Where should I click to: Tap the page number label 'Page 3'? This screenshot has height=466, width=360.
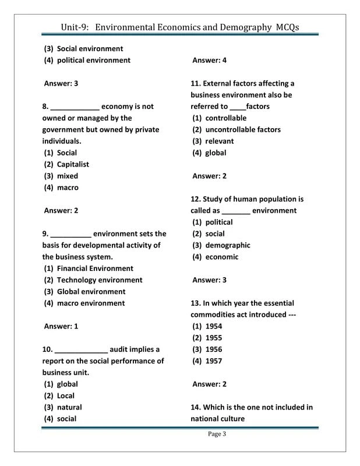[x=217, y=433]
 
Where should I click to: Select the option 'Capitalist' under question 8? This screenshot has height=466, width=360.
[x=73, y=164]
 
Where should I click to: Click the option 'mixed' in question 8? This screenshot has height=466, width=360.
[x=67, y=176]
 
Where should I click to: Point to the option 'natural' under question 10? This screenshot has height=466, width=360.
[x=69, y=407]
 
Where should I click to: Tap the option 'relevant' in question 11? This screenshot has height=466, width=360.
[x=220, y=142]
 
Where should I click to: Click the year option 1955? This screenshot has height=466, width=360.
[x=214, y=338]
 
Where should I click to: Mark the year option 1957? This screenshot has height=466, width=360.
[x=214, y=361]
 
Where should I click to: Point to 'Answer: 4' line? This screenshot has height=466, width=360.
[x=209, y=61]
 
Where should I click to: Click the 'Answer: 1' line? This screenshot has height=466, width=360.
[x=61, y=326]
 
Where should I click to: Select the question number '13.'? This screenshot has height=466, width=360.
[x=196, y=303]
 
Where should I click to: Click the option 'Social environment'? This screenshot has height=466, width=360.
[x=90, y=49]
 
